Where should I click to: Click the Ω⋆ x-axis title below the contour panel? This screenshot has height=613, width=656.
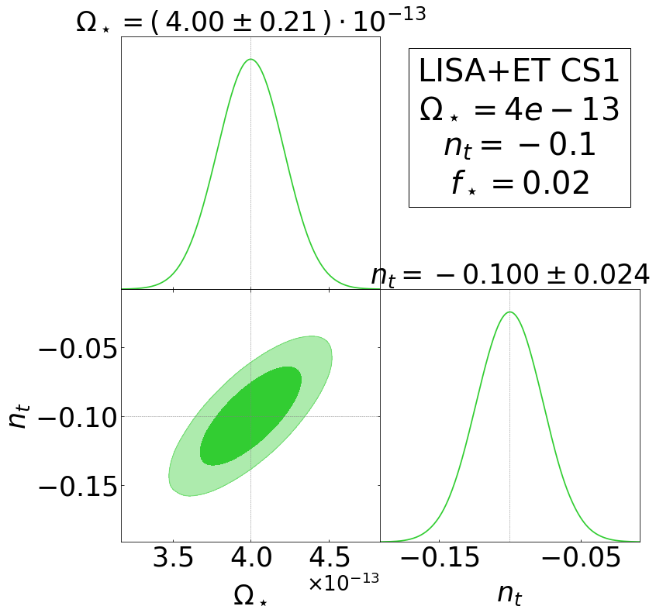coord(250,595)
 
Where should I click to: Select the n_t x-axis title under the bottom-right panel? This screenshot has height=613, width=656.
coord(510,593)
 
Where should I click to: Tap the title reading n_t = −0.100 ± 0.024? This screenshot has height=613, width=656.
coord(509,275)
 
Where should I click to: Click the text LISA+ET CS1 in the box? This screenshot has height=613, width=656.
coord(520,71)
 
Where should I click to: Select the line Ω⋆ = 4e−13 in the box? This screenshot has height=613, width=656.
coord(520,109)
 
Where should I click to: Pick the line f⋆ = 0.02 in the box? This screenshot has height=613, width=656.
coord(520,184)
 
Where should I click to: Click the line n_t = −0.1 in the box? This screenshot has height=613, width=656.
coord(520,146)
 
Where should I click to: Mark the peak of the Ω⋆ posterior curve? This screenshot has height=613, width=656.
coord(250,60)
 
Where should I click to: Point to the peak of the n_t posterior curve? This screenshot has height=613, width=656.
coord(509,312)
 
